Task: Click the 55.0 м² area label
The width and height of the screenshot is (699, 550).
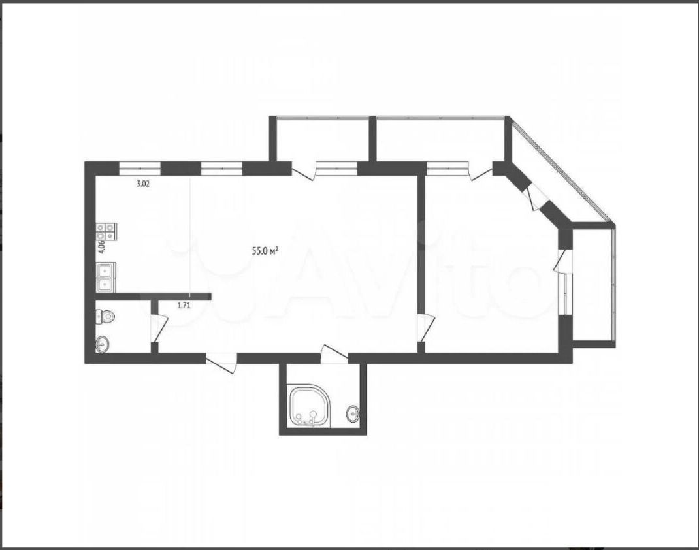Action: [x=265, y=251]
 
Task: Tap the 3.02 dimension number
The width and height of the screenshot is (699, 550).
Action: [x=142, y=184]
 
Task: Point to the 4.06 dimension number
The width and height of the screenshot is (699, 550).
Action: [x=102, y=246]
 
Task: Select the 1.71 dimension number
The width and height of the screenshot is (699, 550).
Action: [x=184, y=306]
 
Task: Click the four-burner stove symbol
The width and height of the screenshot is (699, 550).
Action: [x=106, y=232]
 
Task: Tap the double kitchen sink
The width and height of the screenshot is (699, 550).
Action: [x=106, y=277]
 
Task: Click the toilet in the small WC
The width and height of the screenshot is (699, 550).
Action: [x=105, y=317]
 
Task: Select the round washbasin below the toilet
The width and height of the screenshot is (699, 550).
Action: [x=102, y=344]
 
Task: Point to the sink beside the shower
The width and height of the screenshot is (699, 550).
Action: [x=353, y=413]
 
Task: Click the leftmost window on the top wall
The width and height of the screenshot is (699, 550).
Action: [x=140, y=168]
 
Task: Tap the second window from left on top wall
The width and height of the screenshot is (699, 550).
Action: [x=221, y=168]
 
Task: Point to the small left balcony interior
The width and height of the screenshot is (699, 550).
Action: [x=323, y=140]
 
